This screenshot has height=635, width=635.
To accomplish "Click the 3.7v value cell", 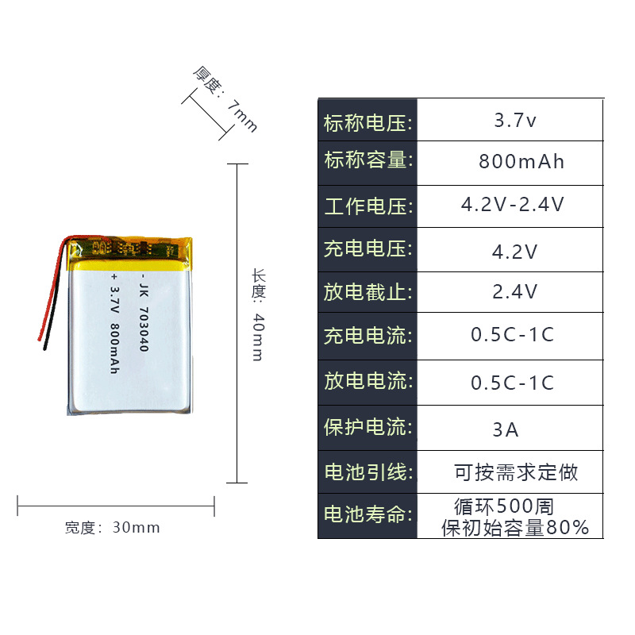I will point(515,121).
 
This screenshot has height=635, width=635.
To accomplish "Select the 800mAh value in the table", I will point(521,162).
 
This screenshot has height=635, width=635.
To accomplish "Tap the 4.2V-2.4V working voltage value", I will point(513,205).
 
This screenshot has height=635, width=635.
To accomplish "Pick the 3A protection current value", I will point(506,429).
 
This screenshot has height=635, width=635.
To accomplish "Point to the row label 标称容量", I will point(368,160).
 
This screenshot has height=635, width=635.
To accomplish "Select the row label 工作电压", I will point(368,206).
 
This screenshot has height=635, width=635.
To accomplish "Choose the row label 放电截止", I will point(368,291).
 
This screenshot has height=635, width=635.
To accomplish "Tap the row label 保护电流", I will point(368,427).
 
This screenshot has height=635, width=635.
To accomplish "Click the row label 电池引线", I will point(368,471).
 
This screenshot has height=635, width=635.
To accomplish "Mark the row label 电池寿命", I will point(368,514).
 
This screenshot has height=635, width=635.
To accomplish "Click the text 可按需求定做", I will point(516,472).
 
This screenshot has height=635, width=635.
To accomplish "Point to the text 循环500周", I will point(503,506).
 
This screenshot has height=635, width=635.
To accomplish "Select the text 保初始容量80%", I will point(515,527).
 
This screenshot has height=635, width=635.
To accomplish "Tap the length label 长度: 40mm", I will point(257,314).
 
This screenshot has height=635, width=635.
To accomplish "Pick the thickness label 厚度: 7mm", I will point(225,99).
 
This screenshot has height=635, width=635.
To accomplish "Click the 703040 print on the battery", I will point(144,318).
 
